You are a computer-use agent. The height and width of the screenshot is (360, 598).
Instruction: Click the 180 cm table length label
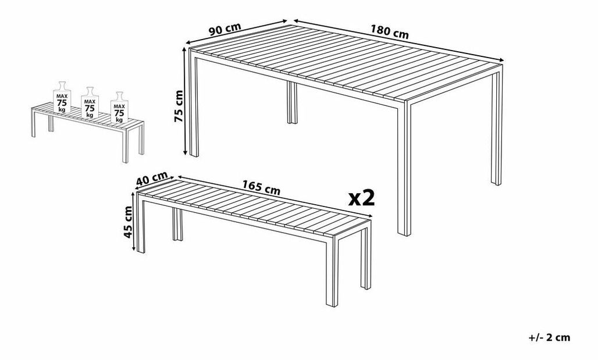tap(389, 32)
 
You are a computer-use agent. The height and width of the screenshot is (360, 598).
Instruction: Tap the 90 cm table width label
tap(225, 29)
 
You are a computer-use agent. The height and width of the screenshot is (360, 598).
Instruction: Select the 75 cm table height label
tap(179, 106)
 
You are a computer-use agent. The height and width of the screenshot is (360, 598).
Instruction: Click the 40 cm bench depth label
tap(152, 178)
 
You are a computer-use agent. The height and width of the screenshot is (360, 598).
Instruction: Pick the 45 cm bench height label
tap(128, 222)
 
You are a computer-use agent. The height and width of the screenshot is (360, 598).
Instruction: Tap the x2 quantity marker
tap(362, 198)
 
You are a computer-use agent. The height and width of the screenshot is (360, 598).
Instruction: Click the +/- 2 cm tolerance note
tap(549, 337)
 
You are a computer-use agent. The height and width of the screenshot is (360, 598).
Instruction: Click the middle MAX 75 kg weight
tap(90, 102)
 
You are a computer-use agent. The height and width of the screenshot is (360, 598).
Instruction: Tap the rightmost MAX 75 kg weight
tap(119, 108)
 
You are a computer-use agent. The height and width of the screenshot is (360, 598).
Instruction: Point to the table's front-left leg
tap(194, 105)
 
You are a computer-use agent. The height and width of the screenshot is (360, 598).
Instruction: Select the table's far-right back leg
tap(497, 128)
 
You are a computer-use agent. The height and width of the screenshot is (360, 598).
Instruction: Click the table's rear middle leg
tap(292, 103)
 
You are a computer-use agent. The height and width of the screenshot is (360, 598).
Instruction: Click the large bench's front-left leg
tap(141, 225)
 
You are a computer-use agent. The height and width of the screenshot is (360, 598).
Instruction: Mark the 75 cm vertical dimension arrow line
tap(186, 101)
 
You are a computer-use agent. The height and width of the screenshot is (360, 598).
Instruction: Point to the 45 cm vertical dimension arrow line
tap(133, 222)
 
